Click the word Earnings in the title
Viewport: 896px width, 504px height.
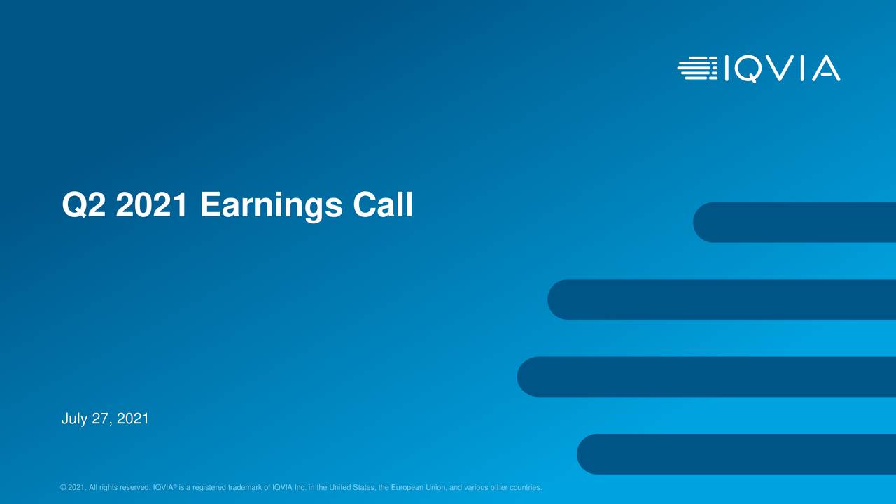(x=271, y=206)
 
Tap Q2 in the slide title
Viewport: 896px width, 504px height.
(x=83, y=206)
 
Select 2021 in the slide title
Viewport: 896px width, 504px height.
(x=152, y=206)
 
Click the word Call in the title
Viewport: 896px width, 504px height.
(x=383, y=206)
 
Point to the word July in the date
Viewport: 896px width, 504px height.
(x=74, y=419)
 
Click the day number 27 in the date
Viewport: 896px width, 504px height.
(x=101, y=419)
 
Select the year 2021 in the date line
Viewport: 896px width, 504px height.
(x=132, y=419)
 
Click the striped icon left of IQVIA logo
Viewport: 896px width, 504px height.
(x=697, y=68)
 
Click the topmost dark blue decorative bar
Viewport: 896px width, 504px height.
(x=794, y=223)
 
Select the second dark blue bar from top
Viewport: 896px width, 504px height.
(x=721, y=300)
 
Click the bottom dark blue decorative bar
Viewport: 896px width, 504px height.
(x=736, y=454)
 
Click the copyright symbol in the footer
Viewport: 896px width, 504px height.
(x=64, y=488)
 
